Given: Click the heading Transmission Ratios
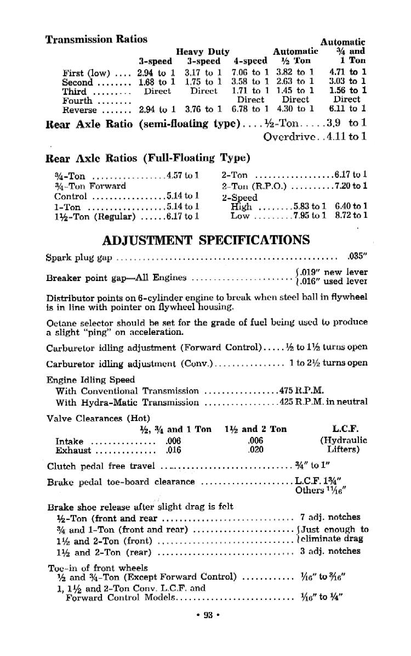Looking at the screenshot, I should [96, 39].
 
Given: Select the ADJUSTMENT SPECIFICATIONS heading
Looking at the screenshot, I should [206, 240].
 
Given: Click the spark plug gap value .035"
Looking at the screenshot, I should [357, 256].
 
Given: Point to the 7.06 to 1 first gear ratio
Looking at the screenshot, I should [250, 72].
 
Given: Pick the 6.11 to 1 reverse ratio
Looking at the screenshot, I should [348, 109].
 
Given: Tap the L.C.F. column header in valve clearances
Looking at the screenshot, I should [345, 429].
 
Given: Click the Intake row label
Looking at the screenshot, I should [70, 441].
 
